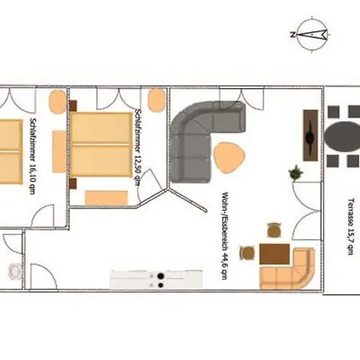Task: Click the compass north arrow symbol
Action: click(x=311, y=34)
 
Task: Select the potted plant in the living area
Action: click(x=296, y=173)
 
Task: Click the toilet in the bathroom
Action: click(x=14, y=271)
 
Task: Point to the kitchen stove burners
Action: click(x=160, y=280)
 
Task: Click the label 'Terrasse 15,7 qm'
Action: click(x=351, y=226)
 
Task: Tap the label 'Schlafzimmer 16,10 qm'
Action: click(x=33, y=156)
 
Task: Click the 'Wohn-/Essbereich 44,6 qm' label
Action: click(x=225, y=235)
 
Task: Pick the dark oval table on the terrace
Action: click(x=342, y=136)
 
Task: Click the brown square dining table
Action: click(x=274, y=254)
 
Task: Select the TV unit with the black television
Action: click(x=310, y=135)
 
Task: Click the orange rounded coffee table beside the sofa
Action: click(x=229, y=158)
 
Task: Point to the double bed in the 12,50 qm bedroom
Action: click(x=102, y=145)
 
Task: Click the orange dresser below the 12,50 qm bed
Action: click(x=106, y=198)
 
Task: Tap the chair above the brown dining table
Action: click(x=274, y=230)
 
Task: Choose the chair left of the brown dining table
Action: click(x=247, y=253)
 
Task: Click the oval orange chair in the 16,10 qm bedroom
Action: click(x=57, y=102)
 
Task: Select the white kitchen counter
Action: click(x=156, y=279)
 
